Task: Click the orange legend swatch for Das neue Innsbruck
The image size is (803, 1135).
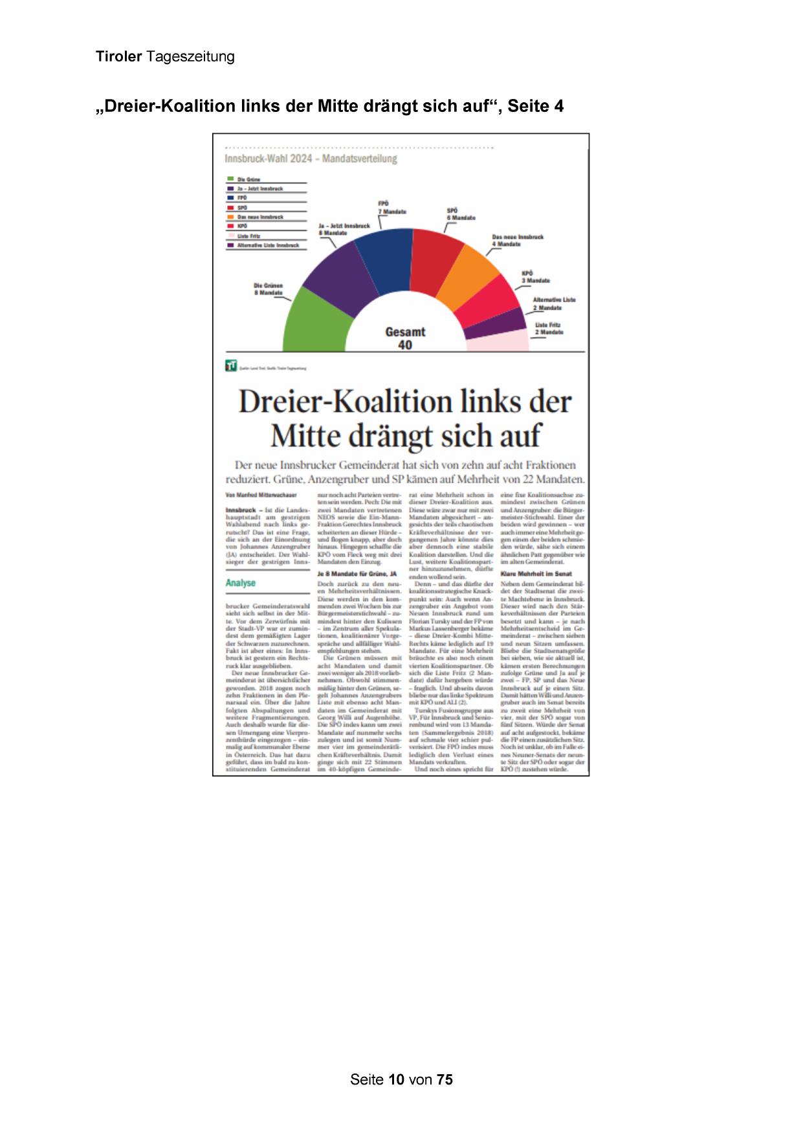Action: click(230, 217)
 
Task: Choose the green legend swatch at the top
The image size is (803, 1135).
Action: click(230, 179)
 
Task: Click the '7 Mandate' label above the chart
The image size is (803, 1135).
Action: click(392, 212)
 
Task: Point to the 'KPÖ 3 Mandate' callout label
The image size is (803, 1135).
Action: click(535, 277)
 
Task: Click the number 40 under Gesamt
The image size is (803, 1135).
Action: click(405, 345)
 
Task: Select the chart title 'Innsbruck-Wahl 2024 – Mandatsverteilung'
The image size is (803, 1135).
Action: click(311, 159)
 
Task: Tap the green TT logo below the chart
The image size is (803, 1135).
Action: click(231, 366)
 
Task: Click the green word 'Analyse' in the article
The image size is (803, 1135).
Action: click(241, 583)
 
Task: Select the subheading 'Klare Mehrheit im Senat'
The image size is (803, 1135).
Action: click(536, 573)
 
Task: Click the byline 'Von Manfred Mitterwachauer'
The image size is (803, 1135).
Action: click(261, 495)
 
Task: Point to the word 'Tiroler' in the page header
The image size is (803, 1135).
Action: click(118, 56)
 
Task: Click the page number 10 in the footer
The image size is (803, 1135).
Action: click(397, 1079)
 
